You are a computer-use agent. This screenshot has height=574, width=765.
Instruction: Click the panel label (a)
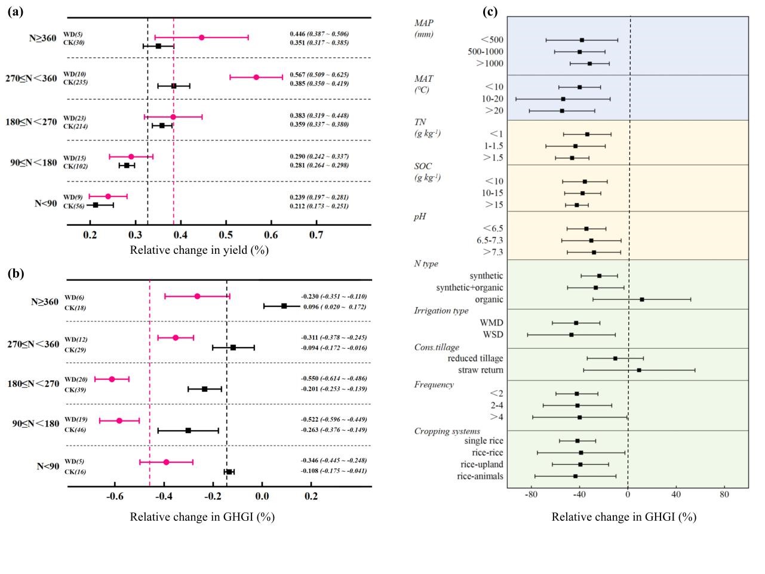point(16,11)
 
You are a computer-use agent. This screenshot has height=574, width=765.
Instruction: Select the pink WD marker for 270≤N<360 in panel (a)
point(256,77)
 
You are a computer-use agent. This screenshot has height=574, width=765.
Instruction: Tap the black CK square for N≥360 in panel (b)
point(284,306)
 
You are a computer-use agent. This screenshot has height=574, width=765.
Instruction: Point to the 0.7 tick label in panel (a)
point(317,234)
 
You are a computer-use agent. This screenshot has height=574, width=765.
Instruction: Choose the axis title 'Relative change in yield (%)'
point(199,250)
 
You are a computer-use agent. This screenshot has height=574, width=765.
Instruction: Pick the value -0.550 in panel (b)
point(311,379)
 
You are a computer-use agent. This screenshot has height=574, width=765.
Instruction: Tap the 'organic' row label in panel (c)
point(489,299)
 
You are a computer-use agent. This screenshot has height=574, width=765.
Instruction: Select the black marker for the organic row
point(642,299)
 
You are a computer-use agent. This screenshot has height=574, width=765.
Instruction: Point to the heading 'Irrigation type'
point(441,311)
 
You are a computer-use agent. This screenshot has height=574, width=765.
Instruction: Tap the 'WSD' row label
point(493,334)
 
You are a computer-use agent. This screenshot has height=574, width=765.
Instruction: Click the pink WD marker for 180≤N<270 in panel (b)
point(112,379)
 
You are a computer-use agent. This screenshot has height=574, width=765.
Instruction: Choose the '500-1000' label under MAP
point(486,52)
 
